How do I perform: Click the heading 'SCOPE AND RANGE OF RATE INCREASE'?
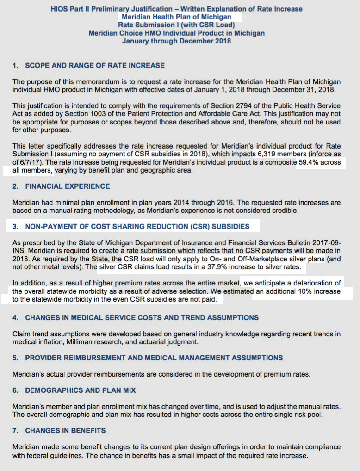pos(95,66)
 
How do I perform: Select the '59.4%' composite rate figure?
pos(318,163)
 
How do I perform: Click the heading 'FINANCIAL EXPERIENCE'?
pos(68,186)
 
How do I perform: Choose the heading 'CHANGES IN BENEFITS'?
pos(65,430)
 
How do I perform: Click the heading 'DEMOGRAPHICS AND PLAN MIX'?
pos(81,390)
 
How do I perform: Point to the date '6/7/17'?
pos(31,163)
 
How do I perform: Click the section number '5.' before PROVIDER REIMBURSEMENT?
pos(16,358)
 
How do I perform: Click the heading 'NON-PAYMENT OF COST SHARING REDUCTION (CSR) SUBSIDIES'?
pos(137,227)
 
